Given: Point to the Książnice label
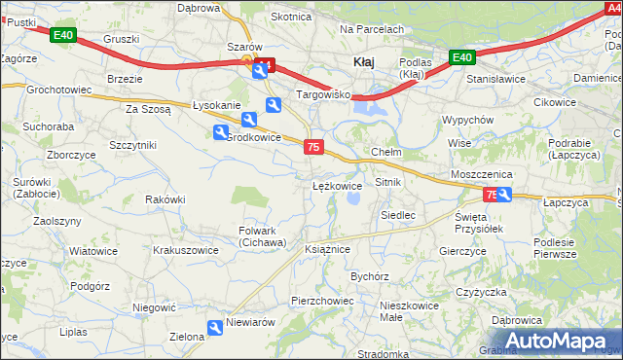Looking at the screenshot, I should tap(327, 249).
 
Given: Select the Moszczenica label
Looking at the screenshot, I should tap(481, 174).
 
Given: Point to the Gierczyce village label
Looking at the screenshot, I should tap(462, 250).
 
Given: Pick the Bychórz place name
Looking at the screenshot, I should tap(370, 276).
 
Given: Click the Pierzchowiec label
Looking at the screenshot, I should tap(322, 301).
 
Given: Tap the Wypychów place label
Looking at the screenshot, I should tap(469, 120).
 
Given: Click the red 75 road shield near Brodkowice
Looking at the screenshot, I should tap(312, 147).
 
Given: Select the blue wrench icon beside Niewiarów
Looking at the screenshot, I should tap(215, 331).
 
